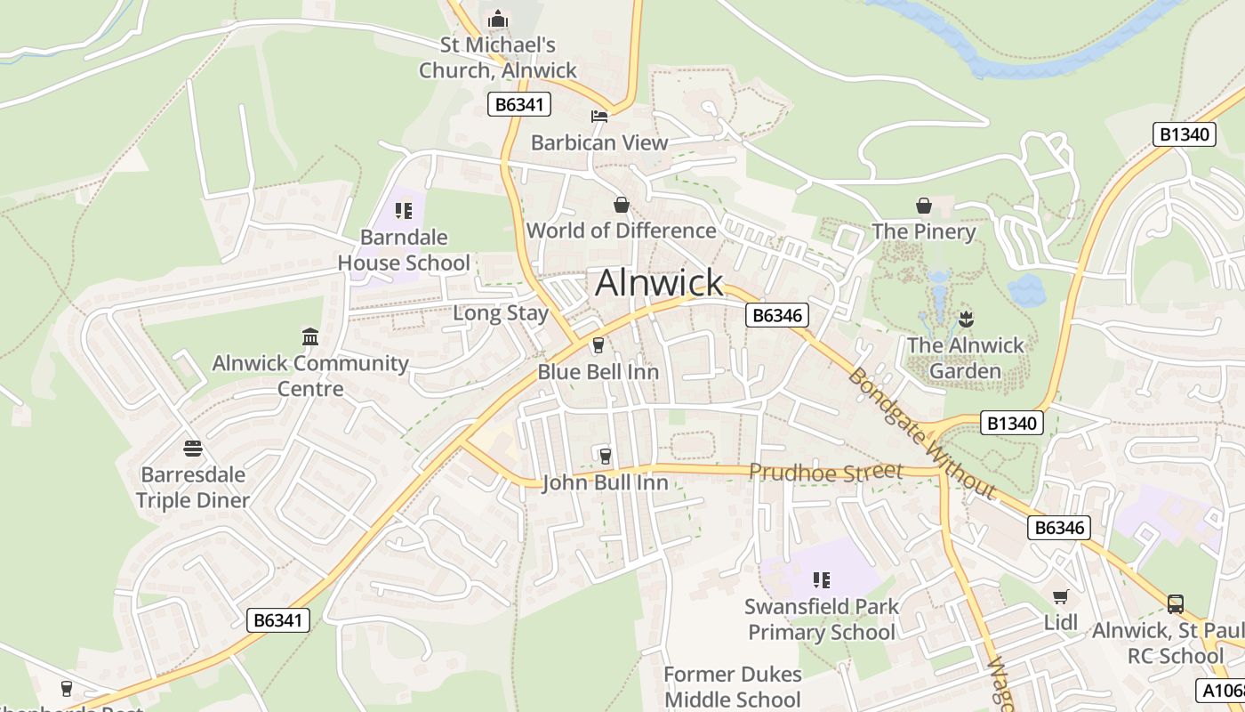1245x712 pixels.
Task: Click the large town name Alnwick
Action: [659, 283]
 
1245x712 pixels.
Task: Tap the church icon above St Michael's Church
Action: [497, 19]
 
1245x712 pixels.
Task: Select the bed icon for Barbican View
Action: [599, 116]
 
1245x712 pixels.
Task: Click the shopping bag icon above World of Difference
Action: [622, 205]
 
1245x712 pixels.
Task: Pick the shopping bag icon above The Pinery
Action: [924, 206]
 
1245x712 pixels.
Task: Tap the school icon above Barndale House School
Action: [404, 211]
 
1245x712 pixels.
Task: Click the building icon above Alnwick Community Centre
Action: [310, 336]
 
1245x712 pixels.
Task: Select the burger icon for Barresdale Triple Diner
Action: [193, 448]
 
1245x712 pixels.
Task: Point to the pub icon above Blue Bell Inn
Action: [598, 345]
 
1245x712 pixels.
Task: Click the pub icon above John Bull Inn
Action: [606, 456]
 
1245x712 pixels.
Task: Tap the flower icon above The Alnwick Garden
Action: [966, 319]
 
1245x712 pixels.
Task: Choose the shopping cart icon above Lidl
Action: [1060, 596]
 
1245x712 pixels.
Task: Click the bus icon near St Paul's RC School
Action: [1176, 604]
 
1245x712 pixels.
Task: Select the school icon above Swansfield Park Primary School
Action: [822, 580]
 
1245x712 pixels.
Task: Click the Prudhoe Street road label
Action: [825, 472]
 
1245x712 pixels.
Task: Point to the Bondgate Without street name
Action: [921, 433]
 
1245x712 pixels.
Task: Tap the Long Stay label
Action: [501, 313]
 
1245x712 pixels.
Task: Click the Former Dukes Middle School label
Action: [733, 687]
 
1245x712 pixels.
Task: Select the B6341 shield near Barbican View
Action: [519, 104]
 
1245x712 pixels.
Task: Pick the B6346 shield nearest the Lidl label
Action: [1058, 528]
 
